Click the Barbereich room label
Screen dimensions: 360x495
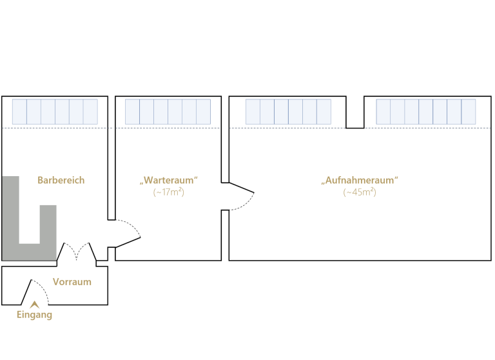61,181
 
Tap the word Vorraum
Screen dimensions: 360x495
72,282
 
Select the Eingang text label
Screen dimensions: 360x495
34,315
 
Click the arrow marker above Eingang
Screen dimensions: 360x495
35,304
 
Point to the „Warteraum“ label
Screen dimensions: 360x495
168,181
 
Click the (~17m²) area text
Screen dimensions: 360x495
168,192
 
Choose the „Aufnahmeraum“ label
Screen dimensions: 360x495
360,181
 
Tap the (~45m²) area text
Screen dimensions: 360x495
360,192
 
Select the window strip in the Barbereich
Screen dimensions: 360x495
55,112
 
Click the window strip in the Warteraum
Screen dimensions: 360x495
168,112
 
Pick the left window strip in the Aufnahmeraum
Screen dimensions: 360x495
288,112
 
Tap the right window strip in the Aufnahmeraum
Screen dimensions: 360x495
425,112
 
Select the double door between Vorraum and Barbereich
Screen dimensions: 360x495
77,252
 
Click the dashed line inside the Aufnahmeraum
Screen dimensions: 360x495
419,128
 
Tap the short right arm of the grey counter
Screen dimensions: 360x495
48,223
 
